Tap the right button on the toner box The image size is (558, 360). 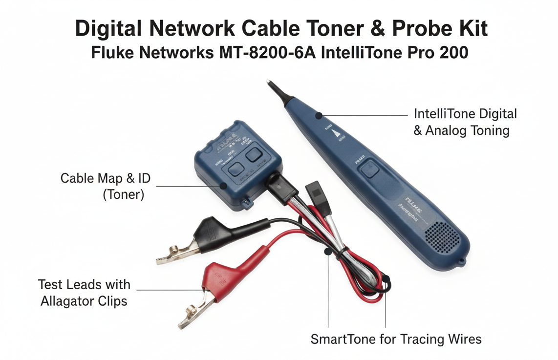click(254, 154)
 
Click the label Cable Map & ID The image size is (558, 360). click(105, 178)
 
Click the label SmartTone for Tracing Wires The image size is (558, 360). click(396, 339)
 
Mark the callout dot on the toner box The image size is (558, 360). click(223, 186)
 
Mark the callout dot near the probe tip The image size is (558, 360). click(319, 116)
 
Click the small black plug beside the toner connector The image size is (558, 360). click(312, 191)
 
